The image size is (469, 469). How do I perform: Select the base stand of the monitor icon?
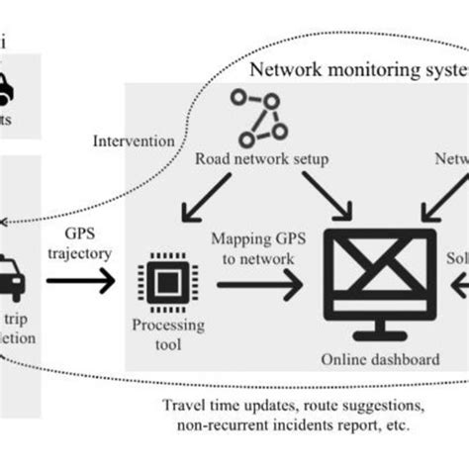(382, 334)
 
